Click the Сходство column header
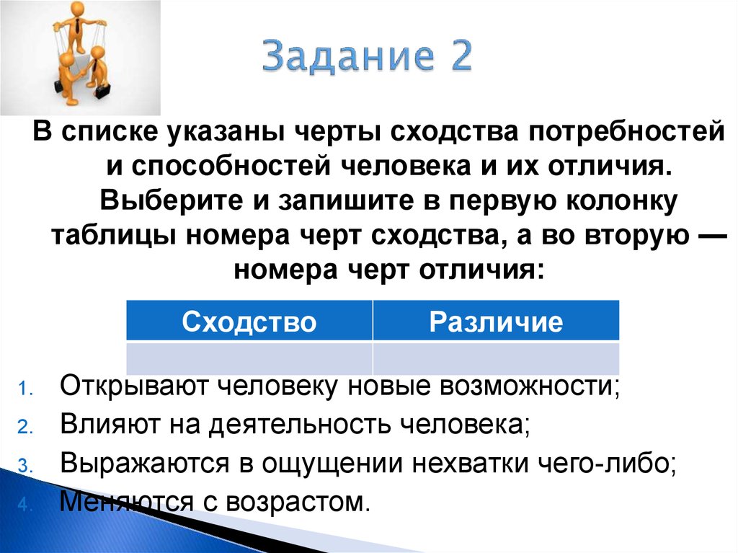[x=249, y=322]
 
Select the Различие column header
[x=496, y=322]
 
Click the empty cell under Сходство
[x=249, y=358]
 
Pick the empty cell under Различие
[x=496, y=358]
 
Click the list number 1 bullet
[x=23, y=389]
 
